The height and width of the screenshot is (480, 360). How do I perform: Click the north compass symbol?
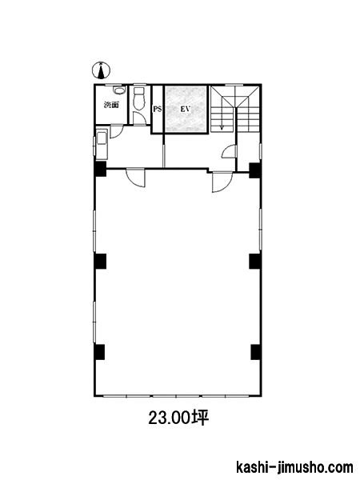pyautogui.click(x=101, y=70)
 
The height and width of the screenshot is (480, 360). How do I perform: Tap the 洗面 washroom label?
pyautogui.click(x=111, y=106)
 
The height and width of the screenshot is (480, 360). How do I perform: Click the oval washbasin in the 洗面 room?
pyautogui.click(x=118, y=90)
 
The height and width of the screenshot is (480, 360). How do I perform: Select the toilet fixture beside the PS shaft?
pyautogui.click(x=139, y=98)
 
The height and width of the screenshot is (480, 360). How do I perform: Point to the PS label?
pyautogui.click(x=158, y=109)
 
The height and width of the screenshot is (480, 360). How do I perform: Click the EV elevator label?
pyautogui.click(x=186, y=109)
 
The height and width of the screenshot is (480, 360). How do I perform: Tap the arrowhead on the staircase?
pyautogui.click(x=222, y=126)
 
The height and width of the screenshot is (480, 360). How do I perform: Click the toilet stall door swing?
pyautogui.click(x=139, y=118)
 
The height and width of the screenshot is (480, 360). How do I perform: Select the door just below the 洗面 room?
pyautogui.click(x=116, y=132)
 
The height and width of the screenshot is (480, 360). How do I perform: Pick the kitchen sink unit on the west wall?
pyautogui.click(x=102, y=144)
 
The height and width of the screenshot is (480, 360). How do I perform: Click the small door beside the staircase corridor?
pyautogui.click(x=229, y=151)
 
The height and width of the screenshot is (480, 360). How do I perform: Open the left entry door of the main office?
pyautogui.click(x=135, y=178)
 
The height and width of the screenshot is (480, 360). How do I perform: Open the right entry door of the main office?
pyautogui.click(x=222, y=183)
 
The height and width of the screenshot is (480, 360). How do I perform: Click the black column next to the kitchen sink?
pyautogui.click(x=100, y=169)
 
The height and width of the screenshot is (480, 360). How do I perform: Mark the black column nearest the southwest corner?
pyautogui.click(x=99, y=352)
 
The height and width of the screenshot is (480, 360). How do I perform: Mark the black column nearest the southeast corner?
pyautogui.click(x=256, y=352)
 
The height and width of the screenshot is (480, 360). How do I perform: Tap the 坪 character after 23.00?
pyautogui.click(x=200, y=418)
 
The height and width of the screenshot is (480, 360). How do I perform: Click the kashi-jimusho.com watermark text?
pyautogui.click(x=294, y=468)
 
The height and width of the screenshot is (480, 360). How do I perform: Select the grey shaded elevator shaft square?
pyautogui.click(x=186, y=109)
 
